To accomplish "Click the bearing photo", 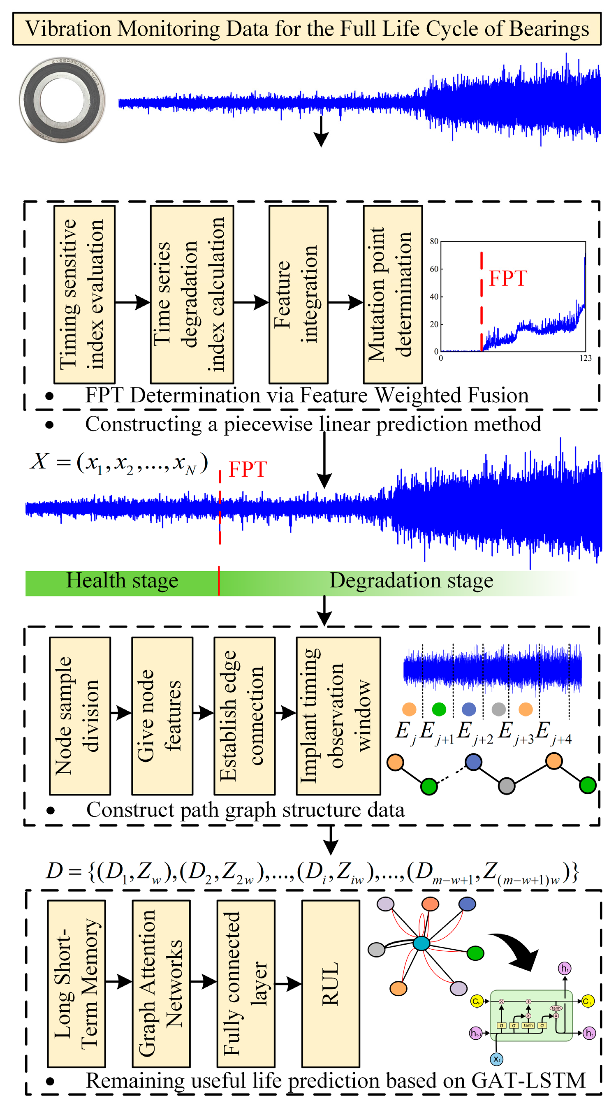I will point(63,100).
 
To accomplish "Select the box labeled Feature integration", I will point(298,294).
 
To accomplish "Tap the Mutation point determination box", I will point(392,294).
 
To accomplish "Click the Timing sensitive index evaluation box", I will point(84,294).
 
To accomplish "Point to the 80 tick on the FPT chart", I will point(434,241).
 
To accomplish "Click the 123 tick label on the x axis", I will point(585,358).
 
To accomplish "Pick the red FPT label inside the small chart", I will point(507,279).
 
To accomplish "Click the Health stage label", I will point(122,581).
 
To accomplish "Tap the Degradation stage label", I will point(411,581).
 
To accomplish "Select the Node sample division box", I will point(80,716).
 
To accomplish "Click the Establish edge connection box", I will point(244,716).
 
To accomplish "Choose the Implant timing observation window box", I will point(338,716).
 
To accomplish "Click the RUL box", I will point(330,983).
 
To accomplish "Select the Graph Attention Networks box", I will point(161,983).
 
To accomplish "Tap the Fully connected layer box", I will point(245,983).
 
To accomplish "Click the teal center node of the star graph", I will point(421,943).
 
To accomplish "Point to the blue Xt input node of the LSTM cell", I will point(496,1059).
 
